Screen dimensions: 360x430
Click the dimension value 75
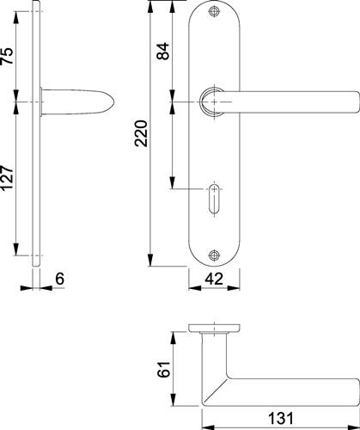click(8, 55)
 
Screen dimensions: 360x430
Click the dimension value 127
click(8, 179)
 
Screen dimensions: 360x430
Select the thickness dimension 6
click(60, 279)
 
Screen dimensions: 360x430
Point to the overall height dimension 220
click(142, 133)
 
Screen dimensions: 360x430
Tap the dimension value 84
click(163, 51)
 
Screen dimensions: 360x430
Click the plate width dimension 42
click(214, 279)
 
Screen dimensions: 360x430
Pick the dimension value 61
click(165, 370)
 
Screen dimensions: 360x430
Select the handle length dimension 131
click(281, 419)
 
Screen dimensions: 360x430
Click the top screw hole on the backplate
click(214, 11)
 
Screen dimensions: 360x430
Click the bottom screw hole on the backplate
click(214, 255)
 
